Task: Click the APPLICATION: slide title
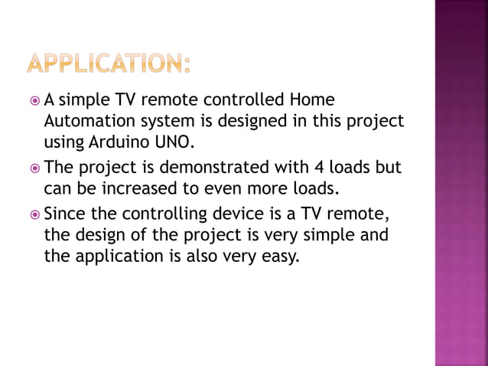click(108, 64)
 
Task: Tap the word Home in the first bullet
click(314, 100)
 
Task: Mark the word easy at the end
click(278, 257)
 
